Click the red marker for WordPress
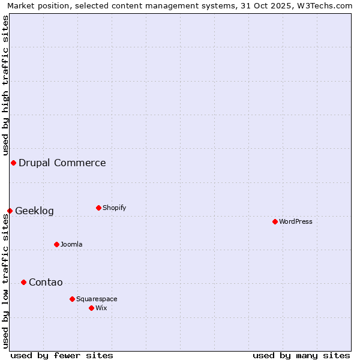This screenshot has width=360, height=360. [275, 222]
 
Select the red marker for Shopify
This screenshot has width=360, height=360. [98, 208]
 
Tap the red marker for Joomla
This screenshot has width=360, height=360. [56, 244]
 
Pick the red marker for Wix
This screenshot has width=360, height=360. [91, 308]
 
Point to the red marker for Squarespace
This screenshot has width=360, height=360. [72, 299]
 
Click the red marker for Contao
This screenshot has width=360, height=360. [23, 283]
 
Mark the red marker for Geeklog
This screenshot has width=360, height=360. [10, 211]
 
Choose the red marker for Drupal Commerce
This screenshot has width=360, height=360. [13, 163]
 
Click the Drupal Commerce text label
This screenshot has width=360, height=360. [62, 163]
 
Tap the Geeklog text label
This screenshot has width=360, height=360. [34, 211]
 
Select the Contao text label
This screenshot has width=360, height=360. [46, 283]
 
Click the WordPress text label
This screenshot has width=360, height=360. [296, 222]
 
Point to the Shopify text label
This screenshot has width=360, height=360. [114, 208]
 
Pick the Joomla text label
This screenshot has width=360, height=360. [71, 244]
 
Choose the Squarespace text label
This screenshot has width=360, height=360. [97, 299]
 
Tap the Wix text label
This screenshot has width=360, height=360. [101, 308]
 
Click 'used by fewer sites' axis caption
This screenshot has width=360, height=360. [62, 355]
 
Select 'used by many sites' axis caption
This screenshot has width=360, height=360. [301, 355]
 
